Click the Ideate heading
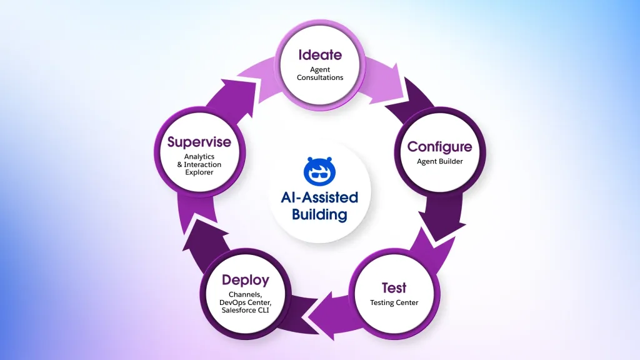[319, 54]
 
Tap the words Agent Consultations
[319, 73]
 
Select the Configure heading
[439, 147]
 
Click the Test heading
[394, 288]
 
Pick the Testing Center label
[394, 303]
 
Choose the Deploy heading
[245, 279]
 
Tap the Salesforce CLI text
[245, 311]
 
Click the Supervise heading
[199, 142]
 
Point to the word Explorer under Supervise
[199, 172]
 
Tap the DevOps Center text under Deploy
[245, 302]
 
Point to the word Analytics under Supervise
[199, 157]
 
